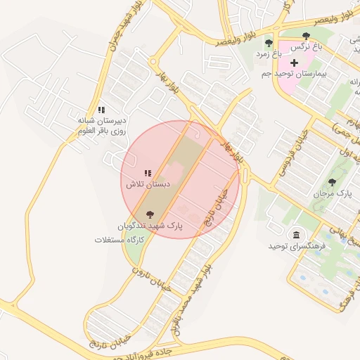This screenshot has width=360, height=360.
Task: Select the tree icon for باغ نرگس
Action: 305,36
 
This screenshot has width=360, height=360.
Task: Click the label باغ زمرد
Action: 268,53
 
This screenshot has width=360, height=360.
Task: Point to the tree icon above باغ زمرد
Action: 269,43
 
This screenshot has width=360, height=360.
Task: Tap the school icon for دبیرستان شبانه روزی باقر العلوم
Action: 102,110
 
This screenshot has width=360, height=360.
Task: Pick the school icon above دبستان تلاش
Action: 148,173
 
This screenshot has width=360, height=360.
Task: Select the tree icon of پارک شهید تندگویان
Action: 148,214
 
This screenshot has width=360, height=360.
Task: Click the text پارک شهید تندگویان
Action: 149,226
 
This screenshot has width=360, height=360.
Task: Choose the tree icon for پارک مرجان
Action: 332,182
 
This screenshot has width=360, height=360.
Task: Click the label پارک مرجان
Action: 335,193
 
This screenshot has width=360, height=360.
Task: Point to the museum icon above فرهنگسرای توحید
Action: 295,235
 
